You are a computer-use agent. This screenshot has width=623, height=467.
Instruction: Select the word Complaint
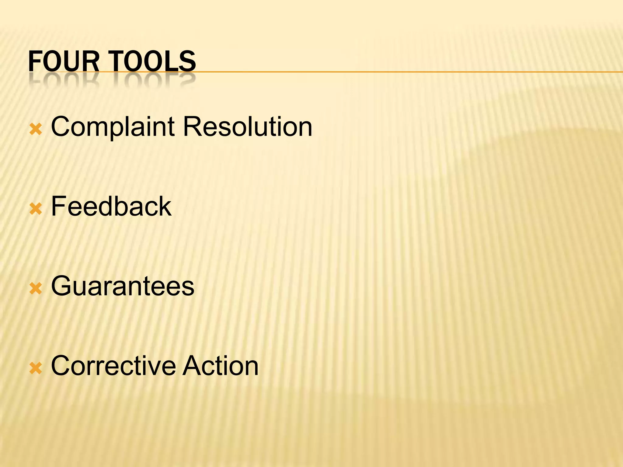click(113, 127)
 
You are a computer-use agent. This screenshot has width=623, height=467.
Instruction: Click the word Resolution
click(247, 127)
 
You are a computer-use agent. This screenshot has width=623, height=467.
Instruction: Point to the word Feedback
click(111, 206)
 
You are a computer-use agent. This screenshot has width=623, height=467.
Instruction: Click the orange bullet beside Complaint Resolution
click(36, 130)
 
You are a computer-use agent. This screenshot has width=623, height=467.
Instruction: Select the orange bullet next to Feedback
click(36, 209)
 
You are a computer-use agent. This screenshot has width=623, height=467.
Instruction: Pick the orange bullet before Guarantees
click(36, 289)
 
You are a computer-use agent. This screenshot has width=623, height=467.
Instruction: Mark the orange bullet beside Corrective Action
click(36, 368)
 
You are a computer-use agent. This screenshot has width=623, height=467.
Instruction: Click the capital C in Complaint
click(61, 127)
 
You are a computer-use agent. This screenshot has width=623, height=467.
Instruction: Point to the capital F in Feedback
click(58, 206)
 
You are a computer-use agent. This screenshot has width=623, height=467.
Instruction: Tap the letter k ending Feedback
click(165, 206)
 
